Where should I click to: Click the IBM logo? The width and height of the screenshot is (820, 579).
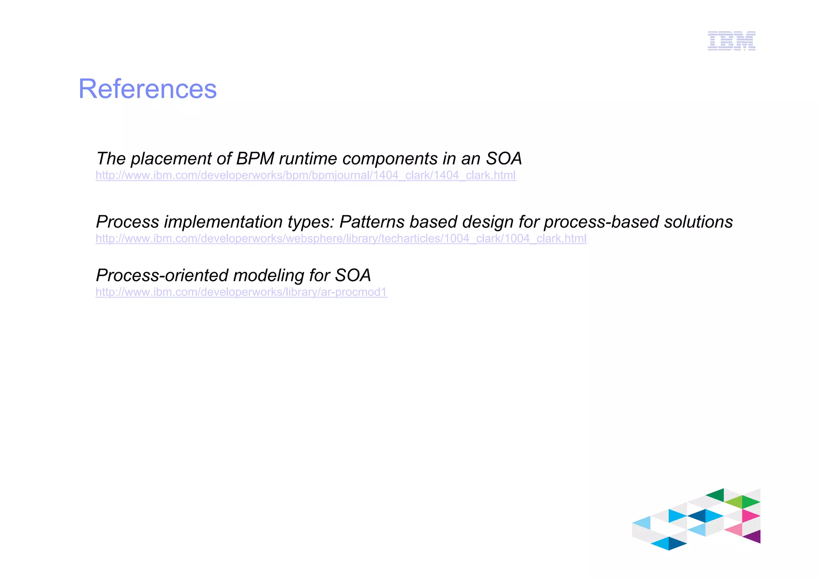point(732,41)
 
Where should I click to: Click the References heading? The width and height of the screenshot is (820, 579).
point(147,89)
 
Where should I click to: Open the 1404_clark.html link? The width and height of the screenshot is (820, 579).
point(305,175)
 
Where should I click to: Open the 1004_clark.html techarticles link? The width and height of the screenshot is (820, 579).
point(341,238)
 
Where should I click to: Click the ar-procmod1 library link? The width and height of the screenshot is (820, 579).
point(241,292)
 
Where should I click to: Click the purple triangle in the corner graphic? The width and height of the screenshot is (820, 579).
point(754,537)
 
